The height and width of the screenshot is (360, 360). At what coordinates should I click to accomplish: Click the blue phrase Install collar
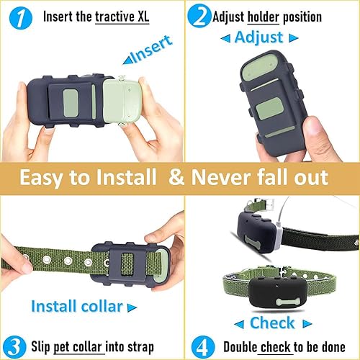[77, 306]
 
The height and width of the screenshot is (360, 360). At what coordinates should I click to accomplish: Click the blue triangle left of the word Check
[237, 322]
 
